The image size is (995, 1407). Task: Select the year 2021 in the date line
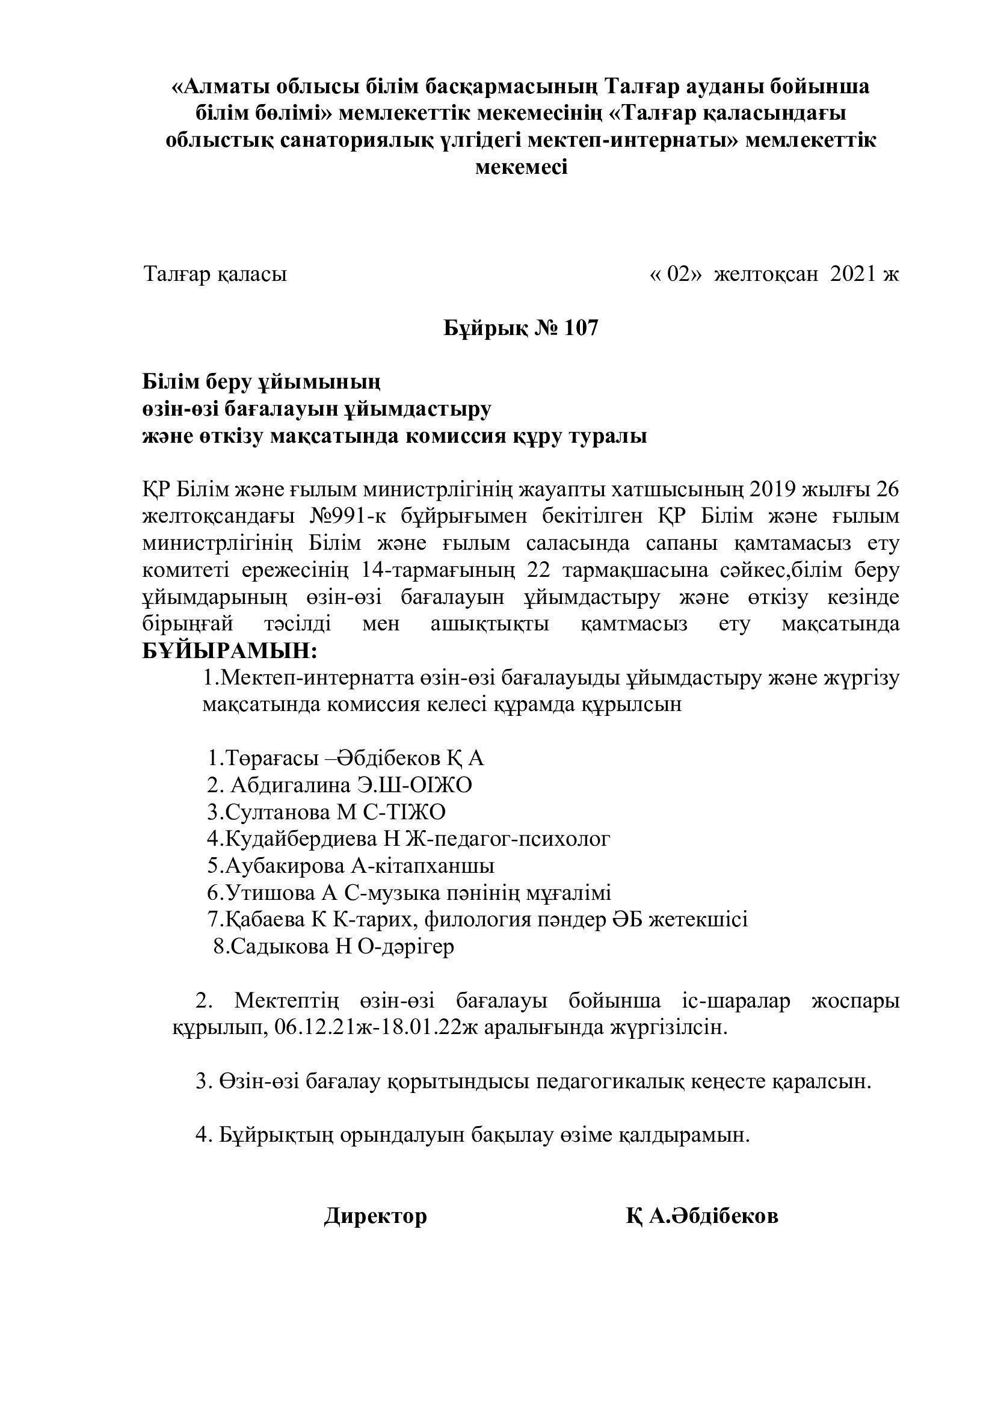pos(855,274)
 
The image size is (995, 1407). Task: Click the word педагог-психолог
pos(522,839)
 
